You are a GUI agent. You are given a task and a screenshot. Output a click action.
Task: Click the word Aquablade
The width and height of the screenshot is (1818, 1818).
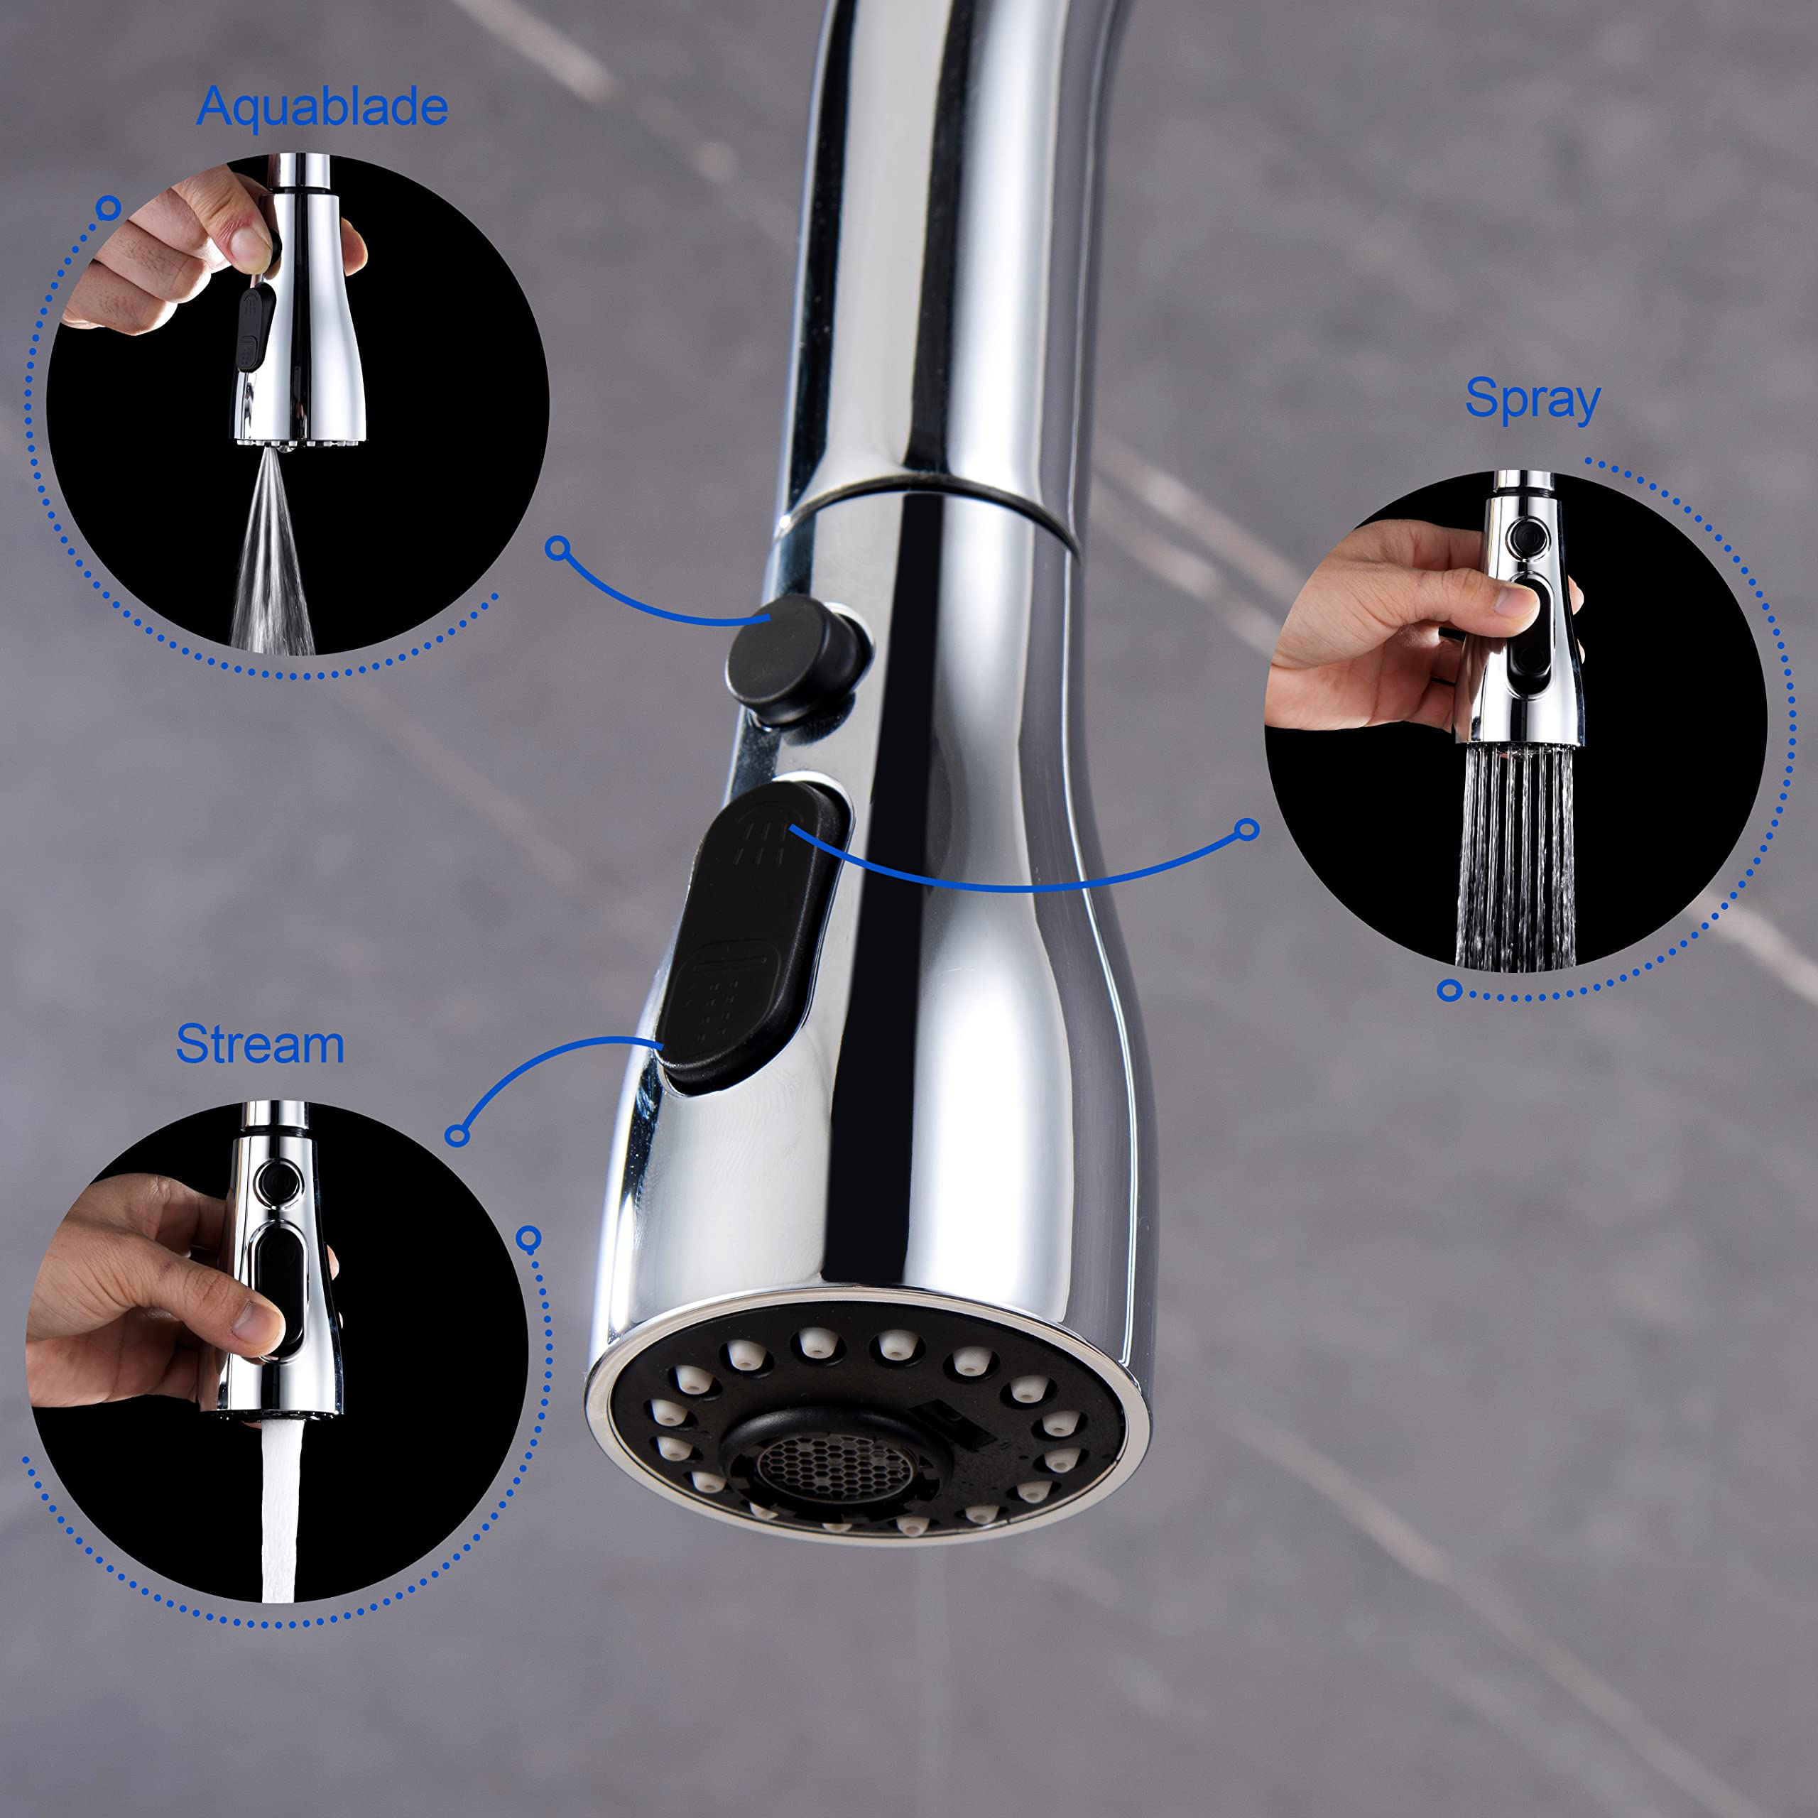(x=322, y=107)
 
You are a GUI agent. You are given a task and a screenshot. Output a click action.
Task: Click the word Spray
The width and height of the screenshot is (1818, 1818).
(x=1532, y=400)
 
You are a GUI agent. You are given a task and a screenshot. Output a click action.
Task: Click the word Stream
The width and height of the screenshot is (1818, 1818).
(x=261, y=1045)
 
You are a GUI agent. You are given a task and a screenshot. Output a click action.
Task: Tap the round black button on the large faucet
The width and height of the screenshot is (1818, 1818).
(x=790, y=660)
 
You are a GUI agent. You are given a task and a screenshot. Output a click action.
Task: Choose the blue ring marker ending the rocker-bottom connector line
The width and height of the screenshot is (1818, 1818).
(x=457, y=1135)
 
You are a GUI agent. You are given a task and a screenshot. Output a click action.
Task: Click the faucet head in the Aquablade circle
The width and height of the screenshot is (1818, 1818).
(x=298, y=301)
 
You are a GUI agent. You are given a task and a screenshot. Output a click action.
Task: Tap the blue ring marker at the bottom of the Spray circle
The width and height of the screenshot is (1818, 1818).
(x=1450, y=990)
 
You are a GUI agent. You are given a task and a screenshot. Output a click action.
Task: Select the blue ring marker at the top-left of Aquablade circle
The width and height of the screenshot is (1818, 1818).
(x=109, y=207)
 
